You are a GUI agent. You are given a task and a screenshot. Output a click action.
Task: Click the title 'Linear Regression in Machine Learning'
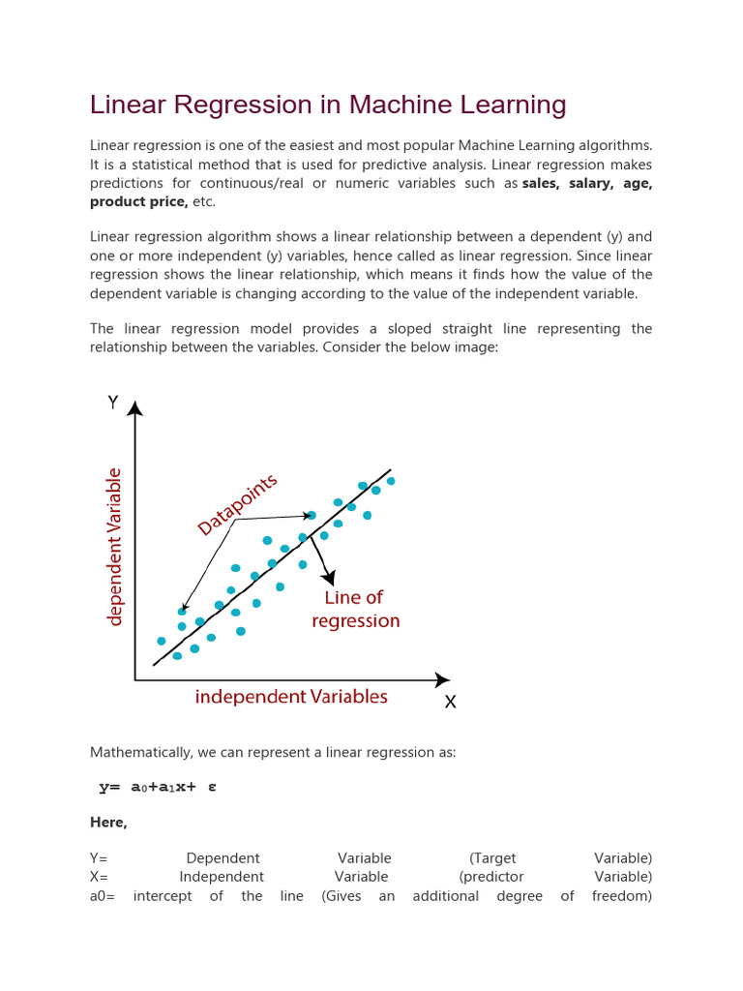point(328,105)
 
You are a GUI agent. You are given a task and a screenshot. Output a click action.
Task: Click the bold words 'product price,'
point(138,201)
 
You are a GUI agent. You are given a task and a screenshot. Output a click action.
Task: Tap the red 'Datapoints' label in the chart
point(238,504)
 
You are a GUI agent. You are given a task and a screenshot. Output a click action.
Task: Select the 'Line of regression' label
point(355,610)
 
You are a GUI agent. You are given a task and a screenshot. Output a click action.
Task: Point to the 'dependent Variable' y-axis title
point(115,547)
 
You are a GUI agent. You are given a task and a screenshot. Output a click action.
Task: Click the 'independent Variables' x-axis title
point(291,697)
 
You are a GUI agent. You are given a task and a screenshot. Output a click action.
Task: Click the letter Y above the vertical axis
point(113,403)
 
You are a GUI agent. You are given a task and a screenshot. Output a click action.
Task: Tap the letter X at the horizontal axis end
point(450,704)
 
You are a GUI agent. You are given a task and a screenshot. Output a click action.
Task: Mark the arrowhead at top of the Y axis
point(135,409)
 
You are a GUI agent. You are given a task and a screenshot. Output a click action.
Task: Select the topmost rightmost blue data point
point(391,481)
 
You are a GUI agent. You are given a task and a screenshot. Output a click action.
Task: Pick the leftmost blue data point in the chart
point(162,641)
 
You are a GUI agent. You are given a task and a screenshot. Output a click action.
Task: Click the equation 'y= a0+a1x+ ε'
point(158,787)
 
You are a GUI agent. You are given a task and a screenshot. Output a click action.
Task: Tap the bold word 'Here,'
point(108,823)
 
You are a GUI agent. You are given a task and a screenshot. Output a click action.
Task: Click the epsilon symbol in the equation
point(212,787)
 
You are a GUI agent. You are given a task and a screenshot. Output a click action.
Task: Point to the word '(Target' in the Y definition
point(492,858)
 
